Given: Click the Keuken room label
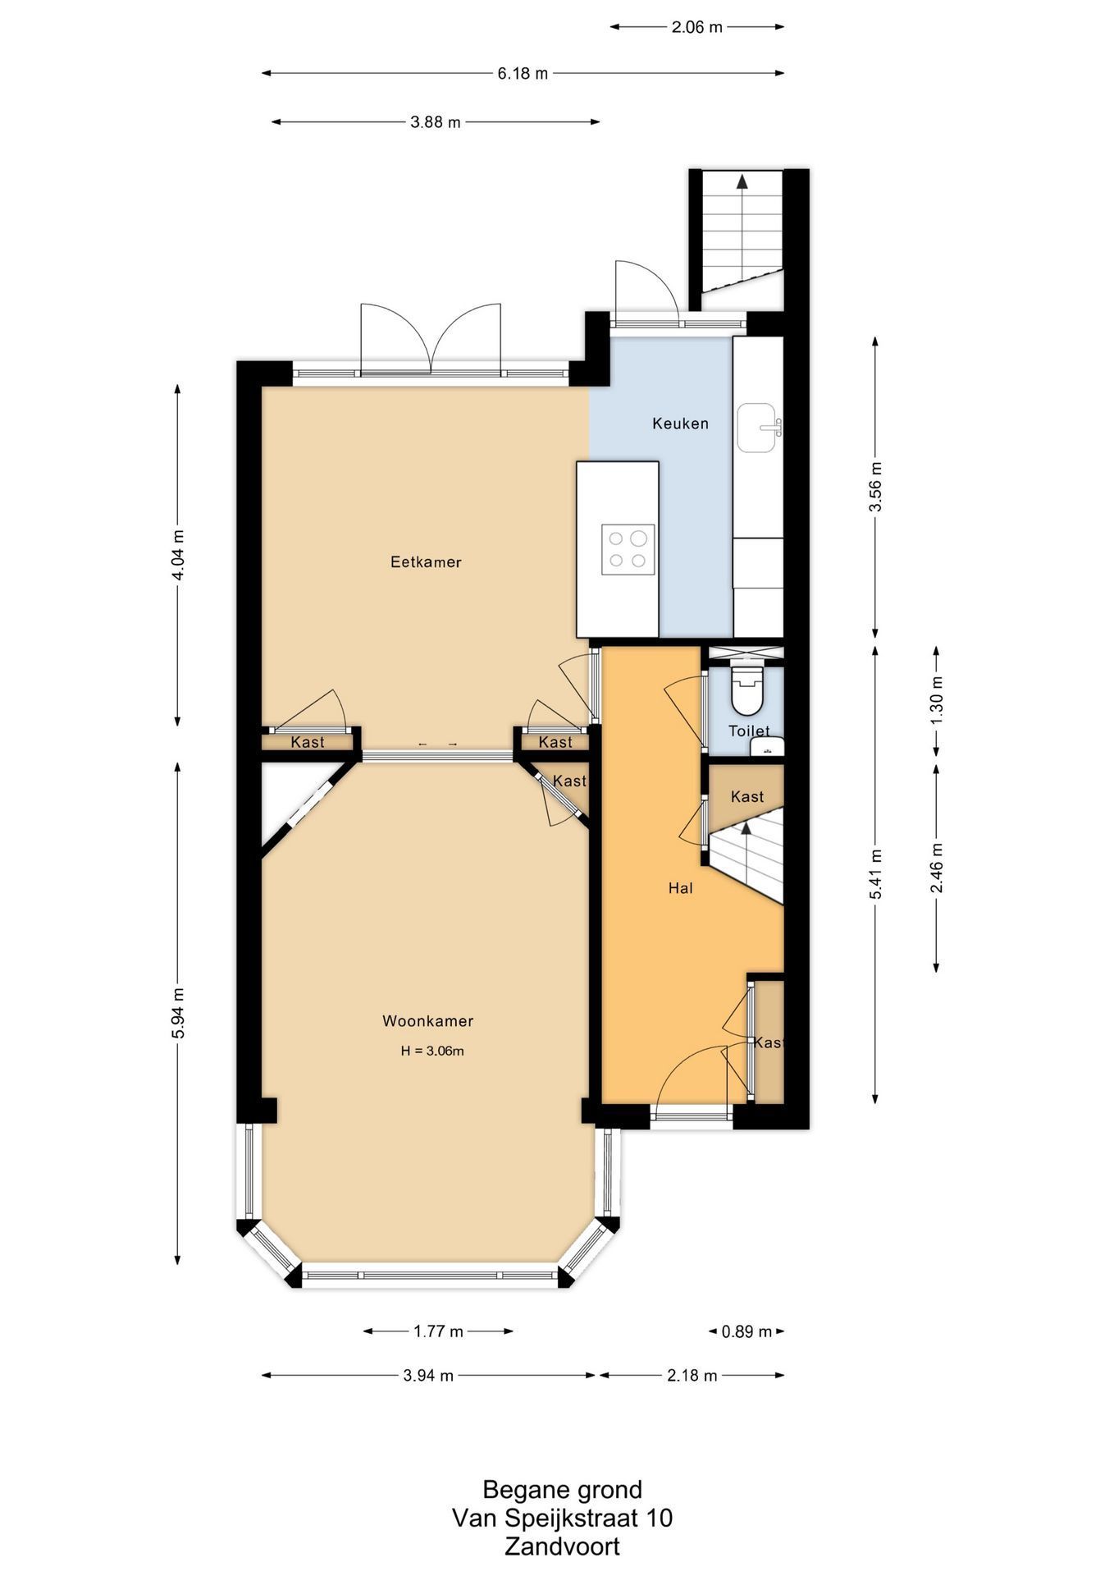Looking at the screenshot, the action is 680,424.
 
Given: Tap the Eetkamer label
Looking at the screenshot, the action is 426,562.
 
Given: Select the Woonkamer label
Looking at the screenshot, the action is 427,1021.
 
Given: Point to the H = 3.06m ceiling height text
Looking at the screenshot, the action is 432,1051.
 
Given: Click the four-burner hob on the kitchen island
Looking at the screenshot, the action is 628,549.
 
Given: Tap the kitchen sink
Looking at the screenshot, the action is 759,427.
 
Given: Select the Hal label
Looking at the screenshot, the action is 680,887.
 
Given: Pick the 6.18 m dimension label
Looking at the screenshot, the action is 523,73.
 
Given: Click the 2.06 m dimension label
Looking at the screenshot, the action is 697,26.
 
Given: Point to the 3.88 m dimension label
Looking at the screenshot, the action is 436,122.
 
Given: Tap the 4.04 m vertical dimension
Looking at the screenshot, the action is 178,555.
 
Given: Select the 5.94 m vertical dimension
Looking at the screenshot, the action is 178,1013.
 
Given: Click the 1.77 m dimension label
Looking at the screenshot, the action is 438,1331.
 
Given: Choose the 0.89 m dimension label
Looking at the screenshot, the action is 746,1331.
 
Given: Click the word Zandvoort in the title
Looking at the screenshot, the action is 562,1547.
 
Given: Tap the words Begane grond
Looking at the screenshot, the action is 562,1490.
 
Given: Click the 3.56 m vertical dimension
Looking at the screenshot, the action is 875,487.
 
